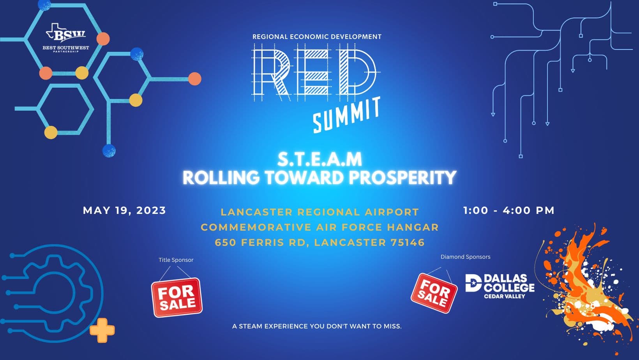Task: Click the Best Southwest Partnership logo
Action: coord(66,38)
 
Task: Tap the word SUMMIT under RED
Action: coord(347,115)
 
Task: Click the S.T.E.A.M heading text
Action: coord(319,159)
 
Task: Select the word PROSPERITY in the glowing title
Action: coord(402,177)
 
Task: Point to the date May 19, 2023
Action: coord(124,210)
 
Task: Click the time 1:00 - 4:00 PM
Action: coord(508,210)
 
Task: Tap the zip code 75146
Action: coord(408,242)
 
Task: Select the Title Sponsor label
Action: coord(176,260)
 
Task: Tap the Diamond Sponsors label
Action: coord(465,257)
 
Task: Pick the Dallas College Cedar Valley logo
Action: coord(500,286)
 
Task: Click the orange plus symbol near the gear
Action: coord(102,330)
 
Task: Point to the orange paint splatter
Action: coord(588,288)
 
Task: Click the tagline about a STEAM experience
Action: coord(317,326)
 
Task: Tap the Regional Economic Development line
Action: coord(317,37)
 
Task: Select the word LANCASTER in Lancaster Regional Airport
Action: coord(256,212)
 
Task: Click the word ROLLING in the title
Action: coord(221,177)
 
